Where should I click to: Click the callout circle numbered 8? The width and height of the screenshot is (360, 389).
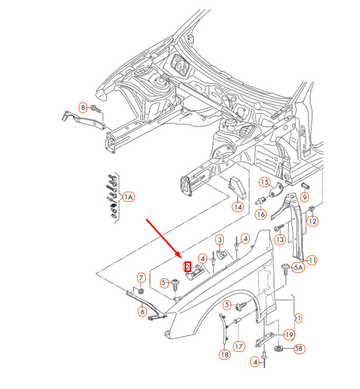83,107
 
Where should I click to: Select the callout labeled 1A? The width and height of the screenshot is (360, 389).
128,196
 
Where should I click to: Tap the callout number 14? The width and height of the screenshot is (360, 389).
238,206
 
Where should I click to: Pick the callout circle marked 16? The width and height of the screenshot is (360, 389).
260,214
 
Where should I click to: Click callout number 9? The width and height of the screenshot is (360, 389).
304,197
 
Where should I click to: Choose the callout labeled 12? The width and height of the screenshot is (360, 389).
312,221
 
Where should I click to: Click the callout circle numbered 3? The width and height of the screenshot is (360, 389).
220,240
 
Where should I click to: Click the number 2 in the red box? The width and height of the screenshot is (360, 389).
188,268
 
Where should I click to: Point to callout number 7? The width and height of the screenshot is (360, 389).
141,277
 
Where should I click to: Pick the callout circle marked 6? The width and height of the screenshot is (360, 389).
142,311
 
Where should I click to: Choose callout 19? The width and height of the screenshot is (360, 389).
289,335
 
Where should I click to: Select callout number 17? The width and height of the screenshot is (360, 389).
238,346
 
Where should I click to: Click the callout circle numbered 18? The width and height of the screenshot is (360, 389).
224,355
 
